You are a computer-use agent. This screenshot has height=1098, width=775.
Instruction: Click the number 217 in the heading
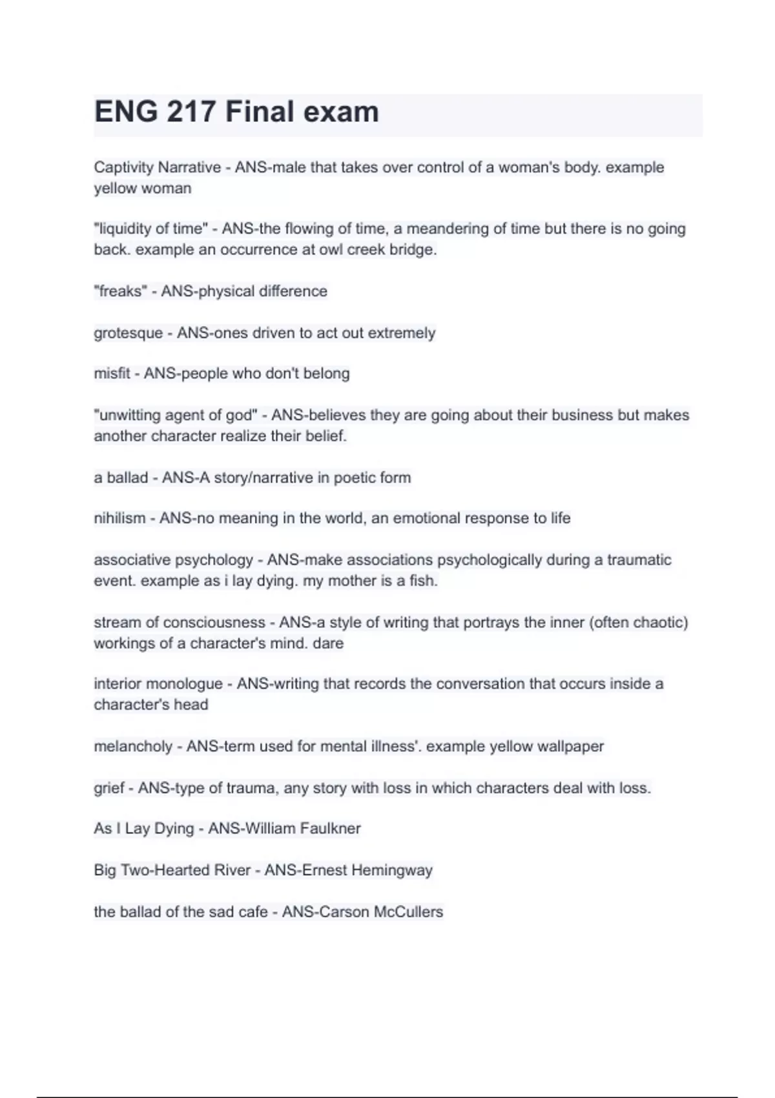point(191,112)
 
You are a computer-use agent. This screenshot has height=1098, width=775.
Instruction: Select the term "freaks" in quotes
point(121,291)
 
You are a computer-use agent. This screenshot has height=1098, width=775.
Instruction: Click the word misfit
point(112,373)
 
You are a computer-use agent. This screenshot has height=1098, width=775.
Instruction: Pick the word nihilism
point(119,518)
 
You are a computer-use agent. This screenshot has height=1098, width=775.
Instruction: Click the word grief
point(108,788)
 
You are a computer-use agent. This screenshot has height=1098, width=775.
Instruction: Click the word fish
point(423,581)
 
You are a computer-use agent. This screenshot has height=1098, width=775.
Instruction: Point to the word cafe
point(252,912)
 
